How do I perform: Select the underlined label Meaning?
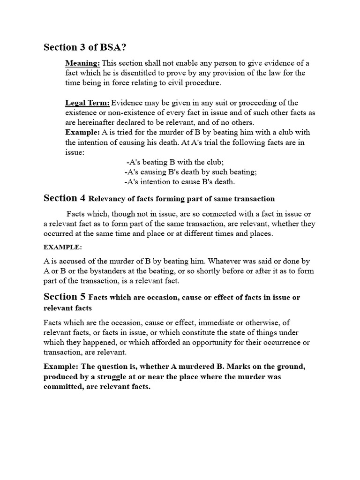tap(82, 63)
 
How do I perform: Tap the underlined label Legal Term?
tap(88, 103)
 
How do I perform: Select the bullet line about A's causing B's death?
tap(190, 172)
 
